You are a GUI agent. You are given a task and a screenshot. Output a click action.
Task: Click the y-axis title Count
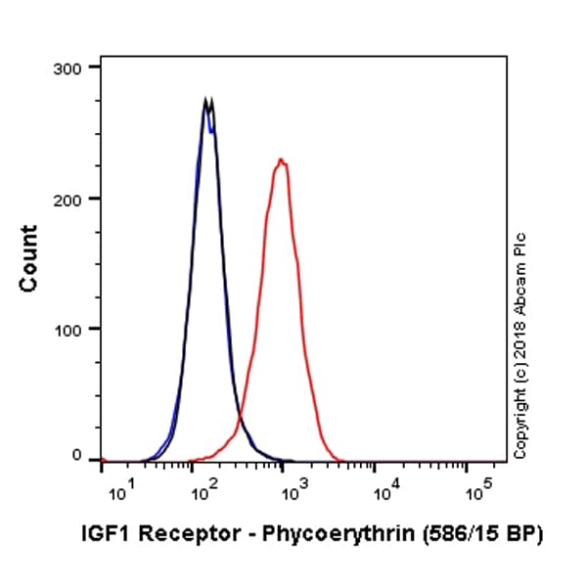(x=28, y=258)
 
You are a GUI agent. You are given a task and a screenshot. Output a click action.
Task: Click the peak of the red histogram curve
(x=281, y=159)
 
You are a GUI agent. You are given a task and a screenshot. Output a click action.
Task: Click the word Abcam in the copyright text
(x=519, y=283)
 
